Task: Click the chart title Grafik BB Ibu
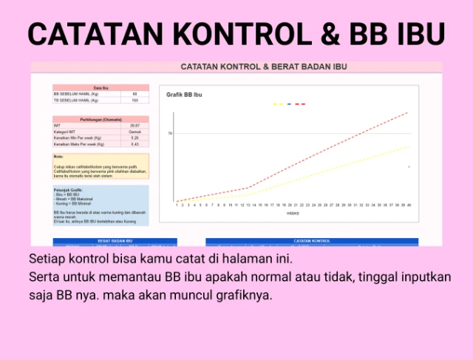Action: (184, 95)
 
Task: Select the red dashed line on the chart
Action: (333, 149)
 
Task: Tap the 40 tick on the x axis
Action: (409, 205)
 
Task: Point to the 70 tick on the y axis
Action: (169, 134)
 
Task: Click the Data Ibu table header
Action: (101, 88)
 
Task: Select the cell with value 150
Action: (135, 101)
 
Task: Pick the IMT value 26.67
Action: (135, 126)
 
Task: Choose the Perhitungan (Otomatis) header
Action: (101, 119)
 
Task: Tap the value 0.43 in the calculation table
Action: (135, 144)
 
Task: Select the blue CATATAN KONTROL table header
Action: (311, 241)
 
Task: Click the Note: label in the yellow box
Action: (58, 157)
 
